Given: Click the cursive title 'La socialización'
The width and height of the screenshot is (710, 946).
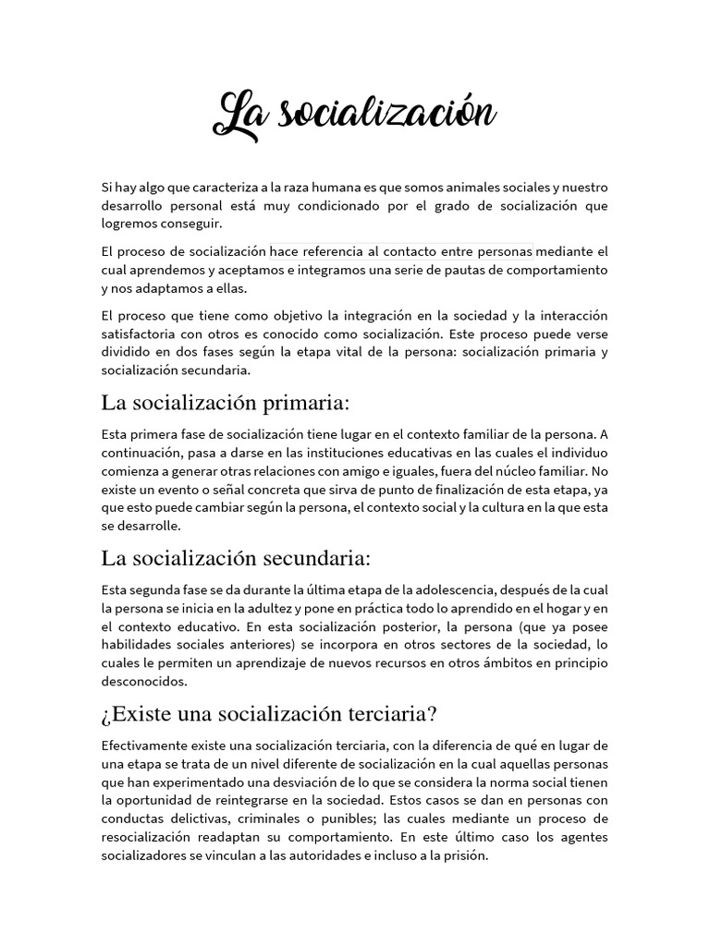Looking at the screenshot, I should point(355,115).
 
